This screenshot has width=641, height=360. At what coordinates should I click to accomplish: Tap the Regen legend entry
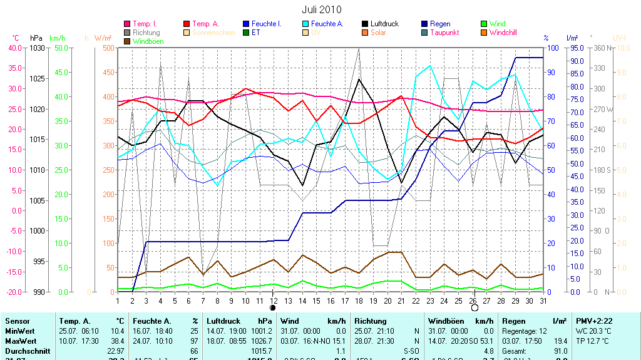[x=440, y=24]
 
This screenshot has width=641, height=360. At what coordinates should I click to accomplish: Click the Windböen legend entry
[x=148, y=41]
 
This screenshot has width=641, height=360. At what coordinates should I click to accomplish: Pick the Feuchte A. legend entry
[x=327, y=24]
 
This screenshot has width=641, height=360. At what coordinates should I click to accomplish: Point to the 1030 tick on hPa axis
[x=38, y=48]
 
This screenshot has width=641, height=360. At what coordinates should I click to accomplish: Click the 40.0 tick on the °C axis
[x=14, y=48]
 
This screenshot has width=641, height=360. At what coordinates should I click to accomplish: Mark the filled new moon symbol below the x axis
[x=273, y=308]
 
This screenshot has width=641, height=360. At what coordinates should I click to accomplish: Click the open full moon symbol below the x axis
[x=474, y=308]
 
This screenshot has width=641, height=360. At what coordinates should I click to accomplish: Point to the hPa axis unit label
[x=36, y=38]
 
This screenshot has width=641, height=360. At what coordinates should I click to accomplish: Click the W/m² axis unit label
[x=103, y=38]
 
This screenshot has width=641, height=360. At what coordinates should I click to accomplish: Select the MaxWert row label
[x=20, y=341]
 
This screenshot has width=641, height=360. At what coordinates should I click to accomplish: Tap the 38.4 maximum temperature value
[x=117, y=341]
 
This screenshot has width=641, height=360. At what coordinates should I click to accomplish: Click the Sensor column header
[x=18, y=321]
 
